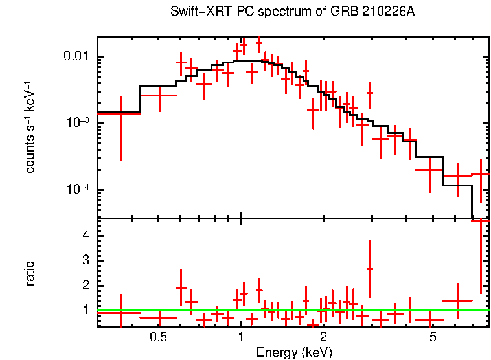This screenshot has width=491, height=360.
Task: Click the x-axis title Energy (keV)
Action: (294, 352)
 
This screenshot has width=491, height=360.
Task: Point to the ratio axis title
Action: (30, 273)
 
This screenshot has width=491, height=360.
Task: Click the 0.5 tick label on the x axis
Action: (158, 337)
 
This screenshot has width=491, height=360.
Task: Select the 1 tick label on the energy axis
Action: (241, 337)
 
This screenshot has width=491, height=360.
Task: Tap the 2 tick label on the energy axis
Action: (323, 337)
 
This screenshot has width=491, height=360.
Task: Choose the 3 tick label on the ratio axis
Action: (84, 260)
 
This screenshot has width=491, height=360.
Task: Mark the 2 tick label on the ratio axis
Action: (84, 286)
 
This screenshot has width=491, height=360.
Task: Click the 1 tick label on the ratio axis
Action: (84, 310)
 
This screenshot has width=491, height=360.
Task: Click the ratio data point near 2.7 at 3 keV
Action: (370, 269)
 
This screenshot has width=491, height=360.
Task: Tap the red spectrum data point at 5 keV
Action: (429, 170)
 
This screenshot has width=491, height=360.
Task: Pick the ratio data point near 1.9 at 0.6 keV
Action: (181, 287)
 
